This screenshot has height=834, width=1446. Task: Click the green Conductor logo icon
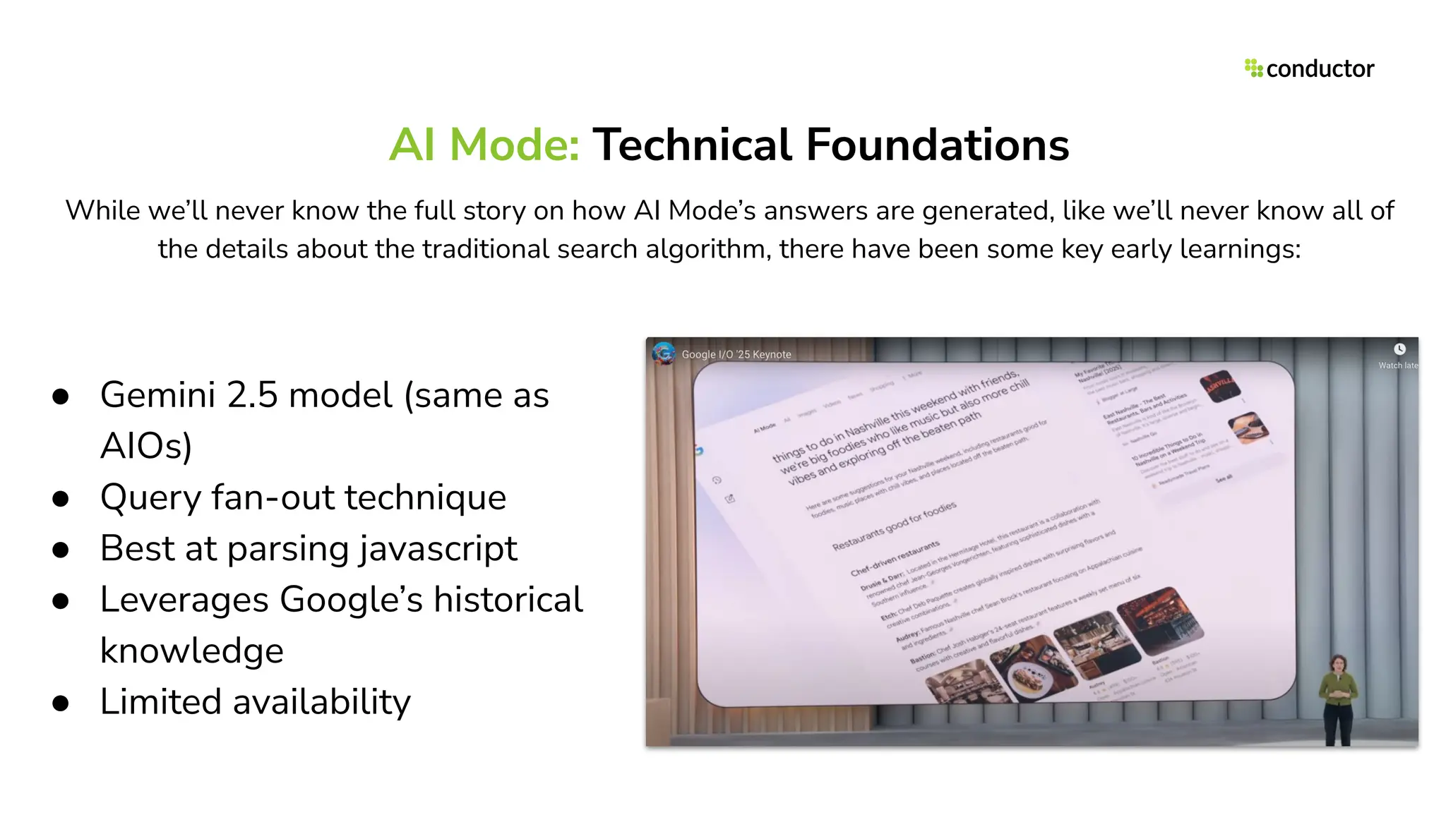(x=1253, y=68)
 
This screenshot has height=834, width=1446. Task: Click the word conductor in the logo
(x=1320, y=68)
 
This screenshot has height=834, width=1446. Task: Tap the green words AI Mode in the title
(x=484, y=145)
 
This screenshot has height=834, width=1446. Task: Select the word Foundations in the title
(x=937, y=145)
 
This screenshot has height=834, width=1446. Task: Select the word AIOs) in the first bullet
(x=146, y=446)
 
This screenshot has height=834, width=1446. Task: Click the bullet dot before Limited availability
(x=61, y=703)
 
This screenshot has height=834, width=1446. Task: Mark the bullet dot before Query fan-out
(x=61, y=499)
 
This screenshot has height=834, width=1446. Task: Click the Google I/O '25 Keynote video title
(x=736, y=354)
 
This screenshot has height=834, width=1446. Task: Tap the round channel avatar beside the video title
(x=664, y=353)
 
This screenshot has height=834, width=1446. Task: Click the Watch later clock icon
(x=1399, y=349)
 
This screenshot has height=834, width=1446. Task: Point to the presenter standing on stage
(x=1338, y=699)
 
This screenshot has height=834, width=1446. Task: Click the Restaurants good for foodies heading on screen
(x=894, y=526)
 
